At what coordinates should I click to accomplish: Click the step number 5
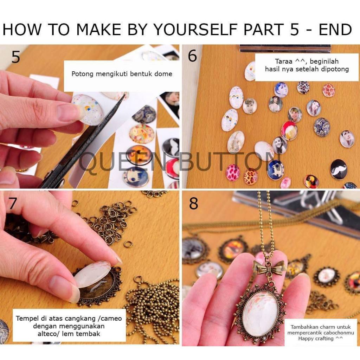pos(15,57)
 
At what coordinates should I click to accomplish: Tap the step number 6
pos(192,56)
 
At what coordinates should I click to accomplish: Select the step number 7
pos(13,203)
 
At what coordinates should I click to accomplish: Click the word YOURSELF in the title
pos(195,30)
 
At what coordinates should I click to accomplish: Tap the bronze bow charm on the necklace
pos(269,267)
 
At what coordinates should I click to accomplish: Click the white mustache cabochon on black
pos(339,169)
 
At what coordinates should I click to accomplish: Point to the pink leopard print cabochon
pos(233,172)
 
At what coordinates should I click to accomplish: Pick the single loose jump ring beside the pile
pos(128,244)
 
